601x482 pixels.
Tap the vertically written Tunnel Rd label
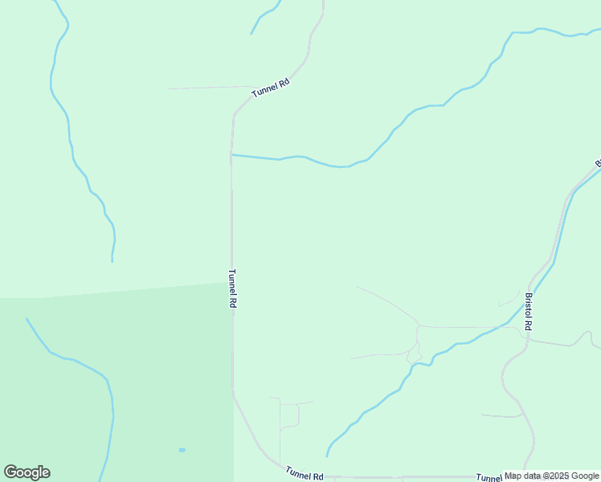point(233,288)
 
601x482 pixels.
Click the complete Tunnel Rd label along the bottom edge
point(304,475)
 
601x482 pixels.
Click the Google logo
point(27,472)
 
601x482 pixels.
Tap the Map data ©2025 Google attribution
point(551,476)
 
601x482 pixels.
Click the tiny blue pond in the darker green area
point(182,450)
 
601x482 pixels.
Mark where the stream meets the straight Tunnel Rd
point(232,154)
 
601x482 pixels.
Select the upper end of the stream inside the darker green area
point(27,320)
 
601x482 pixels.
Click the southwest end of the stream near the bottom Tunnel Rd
point(327,455)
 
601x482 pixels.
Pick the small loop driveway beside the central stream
point(415,353)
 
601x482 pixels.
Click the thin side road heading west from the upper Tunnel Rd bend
point(201,88)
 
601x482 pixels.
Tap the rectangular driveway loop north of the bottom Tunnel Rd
point(289,414)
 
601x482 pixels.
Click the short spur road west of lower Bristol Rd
point(502,416)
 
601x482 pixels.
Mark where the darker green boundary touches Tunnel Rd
point(232,282)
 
